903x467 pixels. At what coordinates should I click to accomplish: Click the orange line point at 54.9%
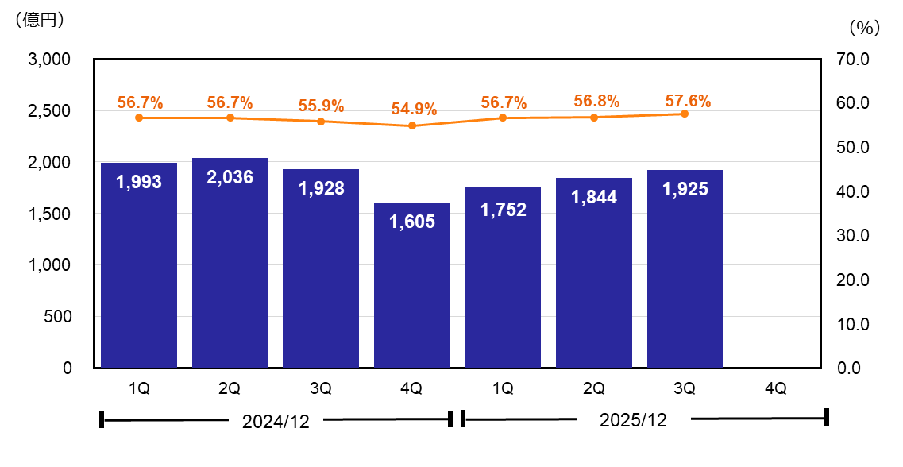(x=411, y=125)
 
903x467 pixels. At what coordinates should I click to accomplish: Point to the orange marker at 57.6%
(x=685, y=114)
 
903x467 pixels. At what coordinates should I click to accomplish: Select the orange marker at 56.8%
(x=593, y=117)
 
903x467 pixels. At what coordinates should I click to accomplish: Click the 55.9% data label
(x=321, y=106)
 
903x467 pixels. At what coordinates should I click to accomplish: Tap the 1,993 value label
(x=139, y=182)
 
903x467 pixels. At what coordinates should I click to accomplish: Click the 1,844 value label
(x=593, y=197)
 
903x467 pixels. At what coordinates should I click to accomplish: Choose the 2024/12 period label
(x=275, y=421)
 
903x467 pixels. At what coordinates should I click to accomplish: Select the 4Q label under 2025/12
(x=775, y=388)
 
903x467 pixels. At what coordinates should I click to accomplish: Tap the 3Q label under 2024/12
(x=321, y=388)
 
